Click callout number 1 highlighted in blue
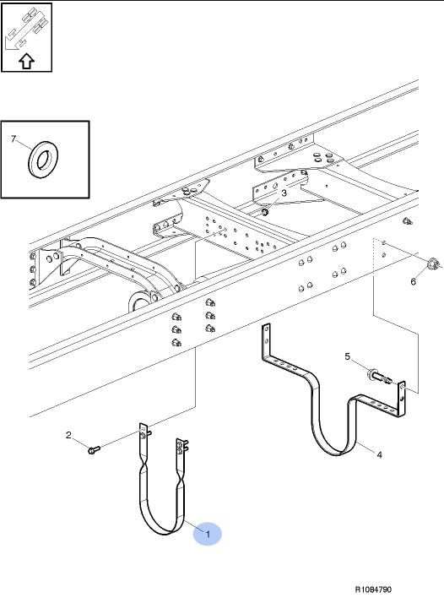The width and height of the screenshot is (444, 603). (x=208, y=534)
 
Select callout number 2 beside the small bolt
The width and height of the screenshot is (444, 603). (x=68, y=435)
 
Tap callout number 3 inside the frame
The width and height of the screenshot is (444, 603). (x=284, y=193)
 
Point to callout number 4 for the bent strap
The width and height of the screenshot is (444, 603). (x=379, y=455)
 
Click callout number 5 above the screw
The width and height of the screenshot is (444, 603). (x=348, y=356)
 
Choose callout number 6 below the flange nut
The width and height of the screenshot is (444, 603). (x=414, y=281)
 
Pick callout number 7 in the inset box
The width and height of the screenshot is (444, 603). (x=14, y=139)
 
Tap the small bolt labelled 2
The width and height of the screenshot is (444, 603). (x=94, y=449)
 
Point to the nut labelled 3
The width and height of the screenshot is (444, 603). (x=265, y=211)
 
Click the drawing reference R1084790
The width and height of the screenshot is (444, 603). (x=373, y=589)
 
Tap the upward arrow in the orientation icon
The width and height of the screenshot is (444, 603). (x=26, y=61)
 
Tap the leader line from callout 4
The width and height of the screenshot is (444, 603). (x=366, y=448)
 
